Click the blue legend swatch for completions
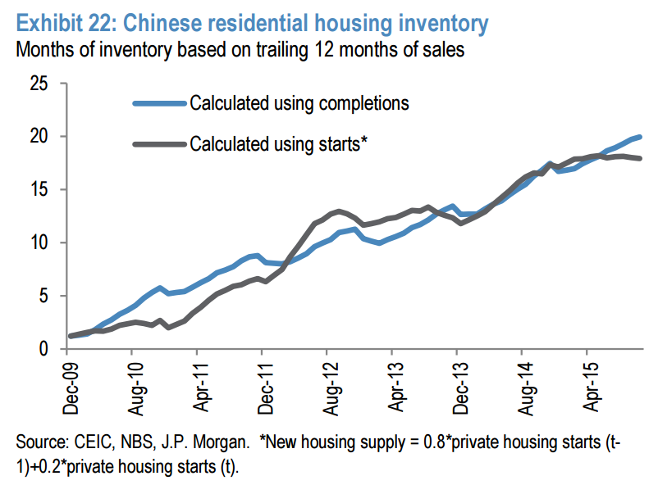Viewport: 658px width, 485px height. (159, 104)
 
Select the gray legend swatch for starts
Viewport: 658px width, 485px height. (159, 144)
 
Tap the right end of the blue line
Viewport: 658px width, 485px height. (640, 137)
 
